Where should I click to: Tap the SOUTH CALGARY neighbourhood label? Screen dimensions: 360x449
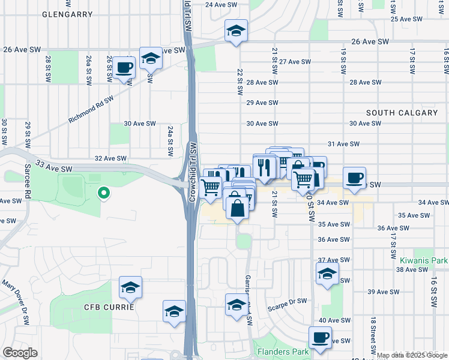[x=402, y=113]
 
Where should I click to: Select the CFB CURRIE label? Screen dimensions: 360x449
[x=108, y=307]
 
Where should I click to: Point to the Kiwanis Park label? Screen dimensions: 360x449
[x=423, y=261]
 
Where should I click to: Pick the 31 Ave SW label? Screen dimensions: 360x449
[x=343, y=144]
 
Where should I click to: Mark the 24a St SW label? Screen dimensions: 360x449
[x=170, y=140]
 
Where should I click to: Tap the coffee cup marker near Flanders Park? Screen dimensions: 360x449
[x=320, y=337]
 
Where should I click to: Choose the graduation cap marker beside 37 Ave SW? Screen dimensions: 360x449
[x=327, y=274]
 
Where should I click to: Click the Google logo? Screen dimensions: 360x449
[x=19, y=353]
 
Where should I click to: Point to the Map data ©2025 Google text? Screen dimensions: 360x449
[x=411, y=355]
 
